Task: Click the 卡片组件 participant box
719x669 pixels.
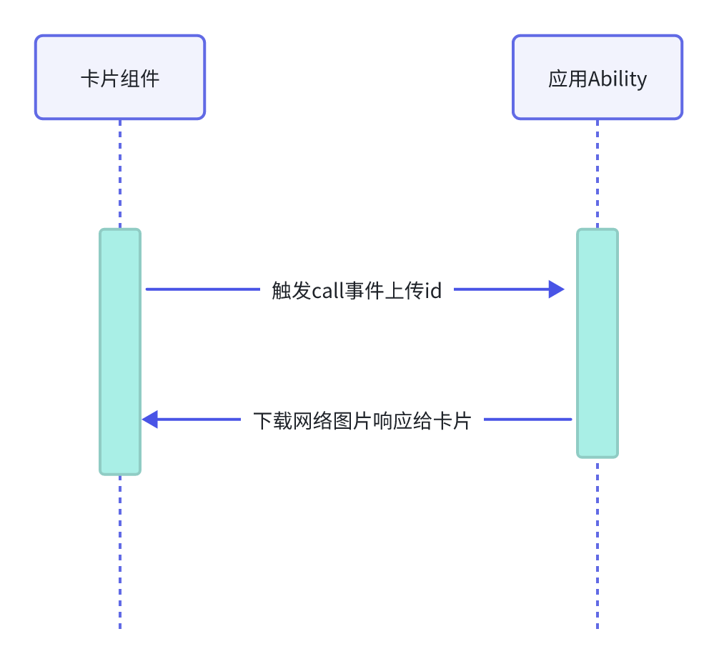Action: click(x=120, y=77)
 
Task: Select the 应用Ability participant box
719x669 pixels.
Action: click(x=597, y=77)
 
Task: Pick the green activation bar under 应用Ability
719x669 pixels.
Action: click(x=597, y=343)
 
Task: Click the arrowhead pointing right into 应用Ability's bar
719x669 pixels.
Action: click(x=557, y=289)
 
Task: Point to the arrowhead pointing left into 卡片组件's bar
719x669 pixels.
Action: click(x=150, y=420)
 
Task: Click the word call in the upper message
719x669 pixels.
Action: click(x=328, y=291)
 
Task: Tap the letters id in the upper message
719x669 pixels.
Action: click(x=433, y=291)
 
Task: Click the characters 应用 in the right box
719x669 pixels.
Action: click(x=567, y=79)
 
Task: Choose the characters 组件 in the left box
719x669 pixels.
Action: click(x=140, y=78)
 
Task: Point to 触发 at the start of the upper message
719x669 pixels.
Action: click(x=285, y=291)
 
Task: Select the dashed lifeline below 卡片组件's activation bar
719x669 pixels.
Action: click(x=120, y=550)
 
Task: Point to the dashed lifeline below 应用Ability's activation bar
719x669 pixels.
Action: click(x=597, y=543)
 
